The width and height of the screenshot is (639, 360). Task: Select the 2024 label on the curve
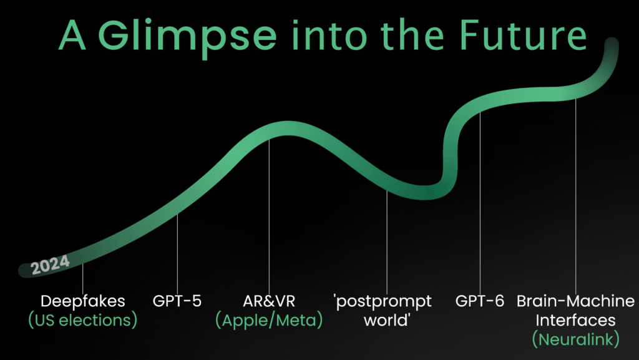coord(50,266)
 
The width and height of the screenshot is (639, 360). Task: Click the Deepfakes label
coord(83,301)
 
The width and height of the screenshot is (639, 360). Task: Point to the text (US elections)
coord(83,321)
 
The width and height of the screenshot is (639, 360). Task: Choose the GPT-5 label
coord(177,301)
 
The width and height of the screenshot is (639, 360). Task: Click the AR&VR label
coord(268,301)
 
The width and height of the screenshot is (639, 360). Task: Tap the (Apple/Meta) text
coord(268,321)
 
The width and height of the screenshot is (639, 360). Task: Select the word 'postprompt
coord(383,301)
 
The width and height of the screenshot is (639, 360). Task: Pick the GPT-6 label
coord(480,301)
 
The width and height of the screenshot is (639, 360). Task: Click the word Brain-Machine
coord(575,301)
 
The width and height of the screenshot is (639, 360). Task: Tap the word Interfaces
coord(575,321)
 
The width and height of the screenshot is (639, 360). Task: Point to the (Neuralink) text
coord(575,340)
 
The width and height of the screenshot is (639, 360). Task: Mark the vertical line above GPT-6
coord(480,200)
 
